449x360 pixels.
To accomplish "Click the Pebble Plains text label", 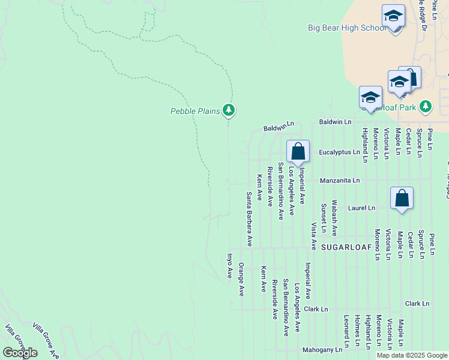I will coord(196,110).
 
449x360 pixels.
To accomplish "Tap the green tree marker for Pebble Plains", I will coord(228,110).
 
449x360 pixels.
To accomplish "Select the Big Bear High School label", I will coord(347,28).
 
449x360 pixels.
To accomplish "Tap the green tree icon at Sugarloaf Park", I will coord(426,106).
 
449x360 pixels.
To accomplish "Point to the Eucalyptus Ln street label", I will coord(339,152).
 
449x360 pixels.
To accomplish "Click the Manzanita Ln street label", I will coord(340,180).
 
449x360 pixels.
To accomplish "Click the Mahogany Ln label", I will coord(322,349).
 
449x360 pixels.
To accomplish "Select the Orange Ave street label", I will coord(241,279).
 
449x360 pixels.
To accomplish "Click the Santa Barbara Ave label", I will coord(249,219).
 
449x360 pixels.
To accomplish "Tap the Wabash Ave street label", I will coord(334,217).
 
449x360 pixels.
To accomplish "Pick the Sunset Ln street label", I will coord(324,218).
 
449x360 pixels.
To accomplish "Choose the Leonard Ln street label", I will coord(346,331).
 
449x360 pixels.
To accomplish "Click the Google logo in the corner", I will coord(20,353).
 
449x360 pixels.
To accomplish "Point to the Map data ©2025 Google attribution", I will coord(412,355).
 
